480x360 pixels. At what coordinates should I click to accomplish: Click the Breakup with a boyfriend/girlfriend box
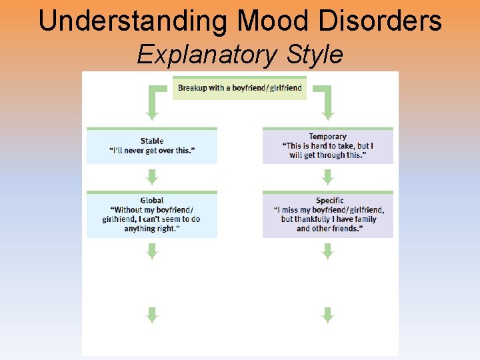coord(239,88)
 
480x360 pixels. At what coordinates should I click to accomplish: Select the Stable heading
coord(152,141)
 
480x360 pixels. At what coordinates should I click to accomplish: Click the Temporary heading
coord(327,137)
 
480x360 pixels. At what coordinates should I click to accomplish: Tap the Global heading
coord(152,200)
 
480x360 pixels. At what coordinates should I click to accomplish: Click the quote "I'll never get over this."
coord(152,151)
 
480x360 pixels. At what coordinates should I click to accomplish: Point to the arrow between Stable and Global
coord(152,177)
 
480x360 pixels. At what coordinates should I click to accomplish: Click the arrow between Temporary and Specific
coord(327,177)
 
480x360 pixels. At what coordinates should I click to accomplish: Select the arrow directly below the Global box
coord(152,251)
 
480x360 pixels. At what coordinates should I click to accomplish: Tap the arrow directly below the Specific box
coord(327,251)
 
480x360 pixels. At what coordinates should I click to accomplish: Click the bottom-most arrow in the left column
coord(152,315)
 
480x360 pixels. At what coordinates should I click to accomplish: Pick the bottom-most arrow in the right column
coord(327,315)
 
